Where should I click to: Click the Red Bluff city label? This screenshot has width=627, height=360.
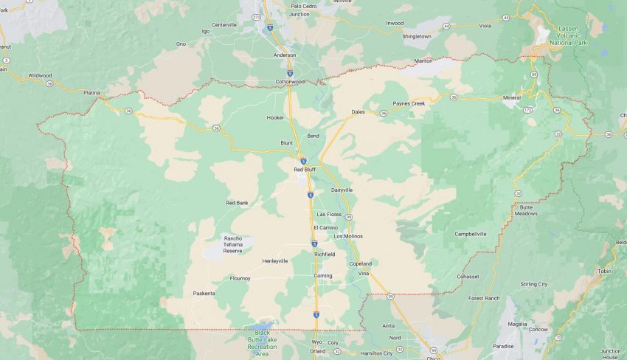tap(305, 170)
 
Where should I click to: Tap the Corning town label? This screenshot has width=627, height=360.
tap(323, 275)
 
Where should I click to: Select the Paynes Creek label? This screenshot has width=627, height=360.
tap(409, 103)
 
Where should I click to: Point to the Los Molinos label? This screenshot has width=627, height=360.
tap(348, 236)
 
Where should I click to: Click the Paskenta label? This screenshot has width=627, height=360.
tap(204, 294)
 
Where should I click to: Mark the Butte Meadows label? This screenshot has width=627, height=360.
tap(527, 210)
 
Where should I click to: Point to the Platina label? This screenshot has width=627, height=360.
tap(91, 92)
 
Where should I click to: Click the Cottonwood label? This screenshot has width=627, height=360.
tap(290, 81)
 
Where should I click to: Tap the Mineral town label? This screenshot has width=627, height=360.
tap(511, 97)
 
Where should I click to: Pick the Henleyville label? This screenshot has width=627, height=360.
tap(275, 261)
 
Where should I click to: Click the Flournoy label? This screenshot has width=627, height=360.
tap(240, 278)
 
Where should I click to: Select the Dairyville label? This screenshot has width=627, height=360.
tap(342, 190)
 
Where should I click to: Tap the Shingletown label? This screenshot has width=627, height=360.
tap(416, 36)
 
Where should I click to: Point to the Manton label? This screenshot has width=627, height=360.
tap(423, 60)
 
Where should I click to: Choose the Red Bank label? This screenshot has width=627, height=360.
tap(237, 202)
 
